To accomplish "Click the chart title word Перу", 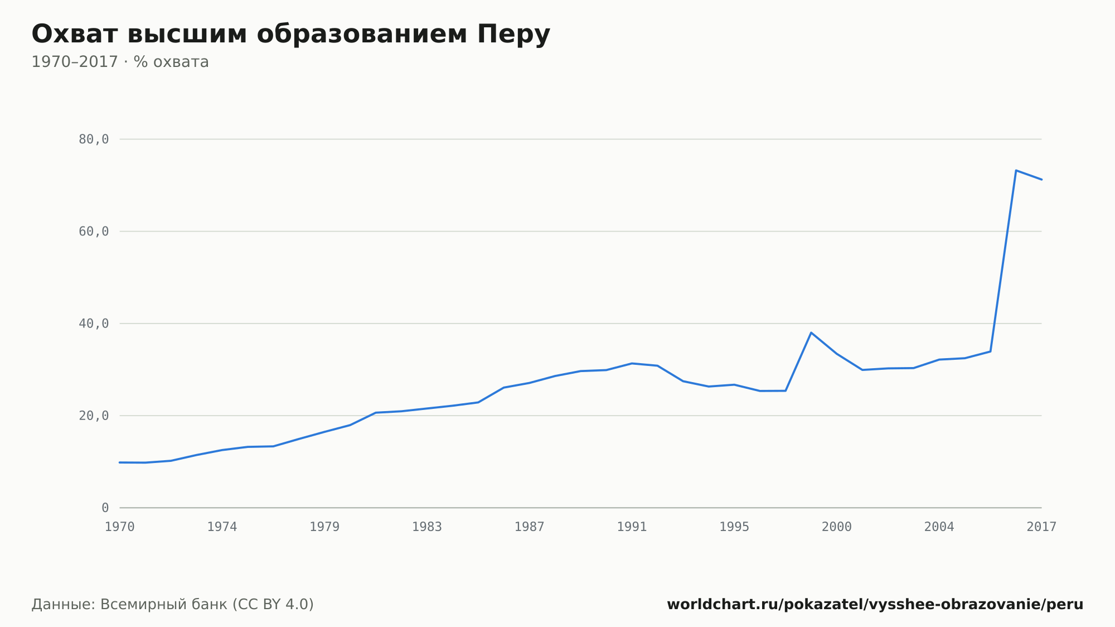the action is [513, 35].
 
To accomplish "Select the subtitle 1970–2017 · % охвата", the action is [120, 62].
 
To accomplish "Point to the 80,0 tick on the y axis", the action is [94, 139].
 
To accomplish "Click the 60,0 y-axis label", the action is [94, 231].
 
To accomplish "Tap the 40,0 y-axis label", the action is [94, 324].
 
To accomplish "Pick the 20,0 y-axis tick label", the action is [94, 416].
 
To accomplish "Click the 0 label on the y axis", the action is [105, 508].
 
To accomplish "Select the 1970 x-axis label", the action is [120, 527].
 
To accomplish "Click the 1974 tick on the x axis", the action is [222, 527].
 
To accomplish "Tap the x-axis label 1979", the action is [324, 527].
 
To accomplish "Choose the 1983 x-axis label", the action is [427, 527].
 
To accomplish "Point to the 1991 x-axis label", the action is [632, 527].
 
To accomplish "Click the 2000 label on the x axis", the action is [837, 527].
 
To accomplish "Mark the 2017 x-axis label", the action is [1041, 527].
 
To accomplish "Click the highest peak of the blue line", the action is [1016, 170].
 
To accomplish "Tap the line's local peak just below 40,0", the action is [811, 332].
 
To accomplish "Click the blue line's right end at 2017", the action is [1041, 179].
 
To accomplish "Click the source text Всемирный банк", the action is [164, 605].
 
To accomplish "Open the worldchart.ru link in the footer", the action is [875, 605].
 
